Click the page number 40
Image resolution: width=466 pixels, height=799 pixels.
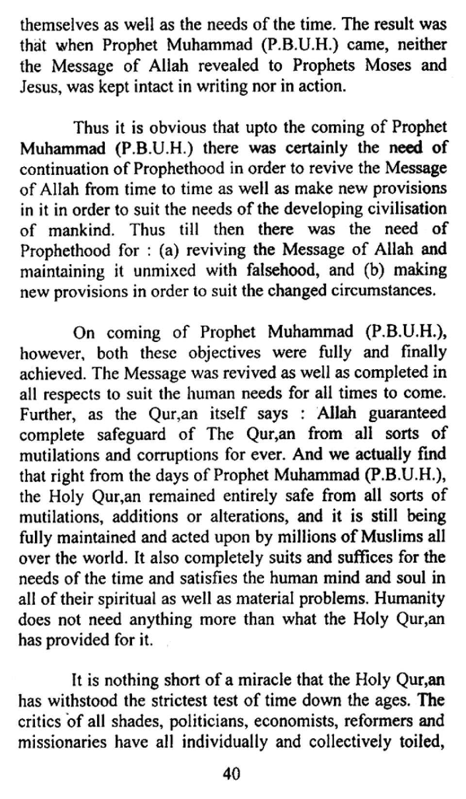pos(231,773)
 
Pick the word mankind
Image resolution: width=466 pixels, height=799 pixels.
pos(82,230)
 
